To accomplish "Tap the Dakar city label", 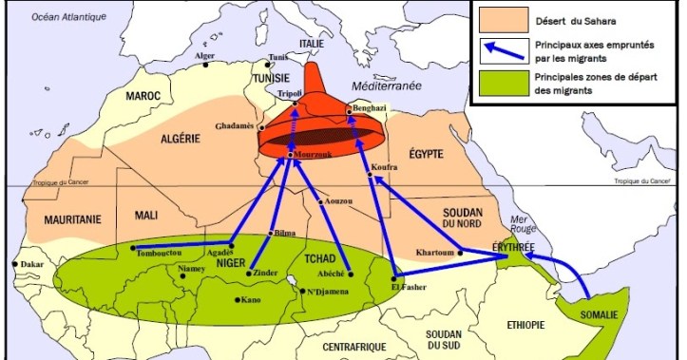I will pos(32,263).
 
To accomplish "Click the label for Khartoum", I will pos(437,253).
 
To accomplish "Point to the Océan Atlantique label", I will pos(67,17).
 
